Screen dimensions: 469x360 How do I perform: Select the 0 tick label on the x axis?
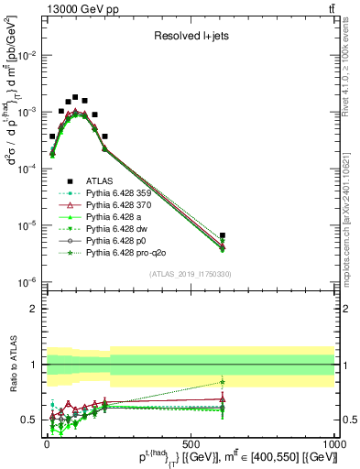click(47, 443)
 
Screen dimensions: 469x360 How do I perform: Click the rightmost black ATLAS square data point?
click(223, 235)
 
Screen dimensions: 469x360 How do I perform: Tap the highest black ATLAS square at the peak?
click(75, 96)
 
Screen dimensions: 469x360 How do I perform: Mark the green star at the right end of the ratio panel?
click(223, 382)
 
